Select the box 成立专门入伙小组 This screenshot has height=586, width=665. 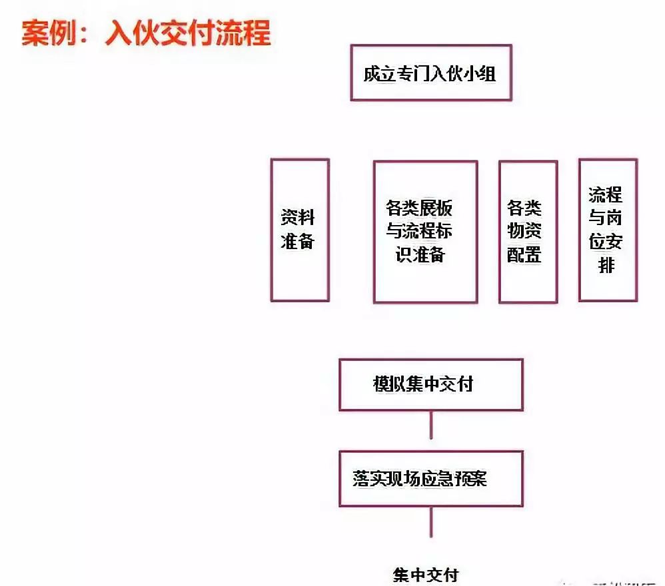pyautogui.click(x=430, y=73)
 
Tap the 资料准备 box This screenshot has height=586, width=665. pyautogui.click(x=299, y=230)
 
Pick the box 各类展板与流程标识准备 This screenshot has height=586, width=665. pyautogui.click(x=424, y=232)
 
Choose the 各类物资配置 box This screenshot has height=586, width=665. pyautogui.click(x=527, y=232)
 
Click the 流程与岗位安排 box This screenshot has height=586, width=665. pyautogui.click(x=607, y=230)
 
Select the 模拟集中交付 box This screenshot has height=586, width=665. pyautogui.click(x=430, y=384)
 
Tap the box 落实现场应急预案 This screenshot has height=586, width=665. pyautogui.click(x=430, y=478)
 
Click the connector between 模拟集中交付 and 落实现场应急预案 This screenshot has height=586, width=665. pyautogui.click(x=431, y=424)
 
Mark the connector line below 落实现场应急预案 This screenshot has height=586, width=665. pyautogui.click(x=431, y=521)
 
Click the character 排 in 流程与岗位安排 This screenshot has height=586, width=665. pyautogui.click(x=606, y=265)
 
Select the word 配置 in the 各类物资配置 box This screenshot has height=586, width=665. pyautogui.click(x=524, y=255)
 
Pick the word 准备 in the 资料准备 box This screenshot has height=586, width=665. pyautogui.click(x=297, y=242)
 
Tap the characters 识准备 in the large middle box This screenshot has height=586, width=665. pyautogui.click(x=421, y=255)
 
